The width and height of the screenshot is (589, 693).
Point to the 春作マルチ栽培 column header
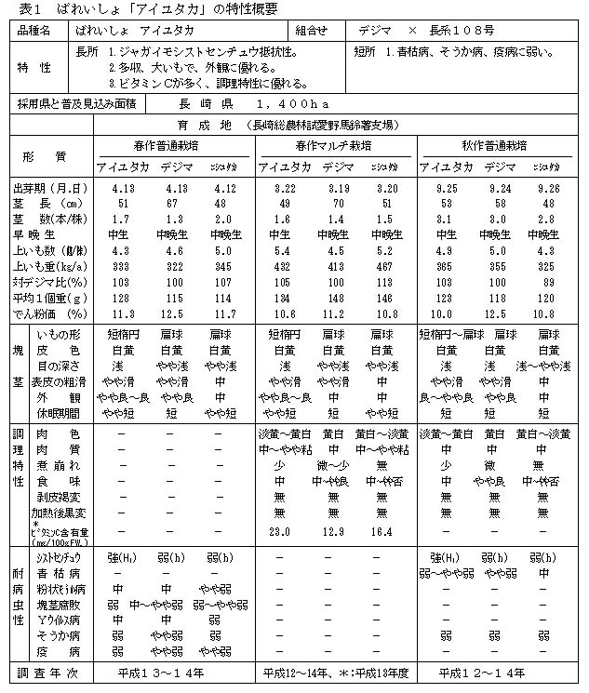[337, 146]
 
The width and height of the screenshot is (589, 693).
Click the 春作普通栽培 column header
[175, 146]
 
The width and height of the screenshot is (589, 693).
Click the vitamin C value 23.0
[278, 530]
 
